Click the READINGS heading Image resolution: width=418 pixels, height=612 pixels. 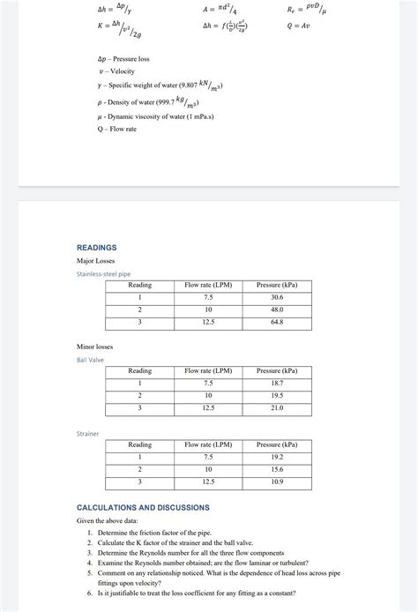[x=97, y=248]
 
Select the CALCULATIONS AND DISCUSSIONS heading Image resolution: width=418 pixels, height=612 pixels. [x=143, y=508]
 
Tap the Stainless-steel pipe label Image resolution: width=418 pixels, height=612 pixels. [x=103, y=274]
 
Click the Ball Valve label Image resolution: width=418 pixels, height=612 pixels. [x=90, y=360]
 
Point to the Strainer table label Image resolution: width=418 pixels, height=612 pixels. [x=87, y=434]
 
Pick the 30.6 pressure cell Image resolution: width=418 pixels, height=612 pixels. [x=277, y=298]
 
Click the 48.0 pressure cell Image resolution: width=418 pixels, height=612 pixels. [x=277, y=310]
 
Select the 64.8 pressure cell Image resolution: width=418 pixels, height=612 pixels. [x=277, y=323]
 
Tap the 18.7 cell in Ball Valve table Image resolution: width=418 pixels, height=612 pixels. [x=277, y=384]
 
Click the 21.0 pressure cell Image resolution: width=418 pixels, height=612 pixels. [x=277, y=408]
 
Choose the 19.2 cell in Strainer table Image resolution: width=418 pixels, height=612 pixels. [x=277, y=458]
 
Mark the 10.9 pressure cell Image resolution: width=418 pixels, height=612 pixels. [x=277, y=482]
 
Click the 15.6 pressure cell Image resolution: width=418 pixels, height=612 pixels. [x=277, y=470]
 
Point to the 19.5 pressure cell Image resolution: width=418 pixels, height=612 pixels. [x=277, y=396]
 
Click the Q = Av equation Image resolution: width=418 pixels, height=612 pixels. [x=298, y=26]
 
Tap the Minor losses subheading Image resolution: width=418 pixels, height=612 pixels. [x=96, y=347]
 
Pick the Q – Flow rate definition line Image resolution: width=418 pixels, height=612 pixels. [x=117, y=129]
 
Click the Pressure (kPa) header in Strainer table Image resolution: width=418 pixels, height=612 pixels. [x=277, y=445]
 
